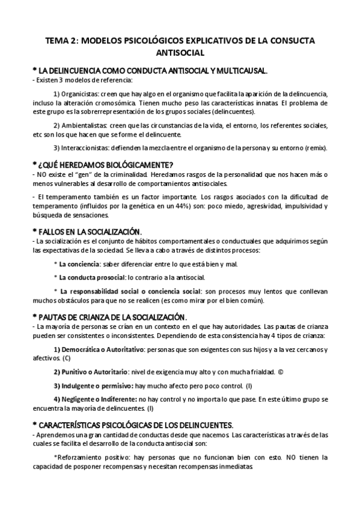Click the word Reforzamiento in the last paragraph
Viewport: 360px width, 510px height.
[79, 457]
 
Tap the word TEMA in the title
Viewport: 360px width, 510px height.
[58, 41]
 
